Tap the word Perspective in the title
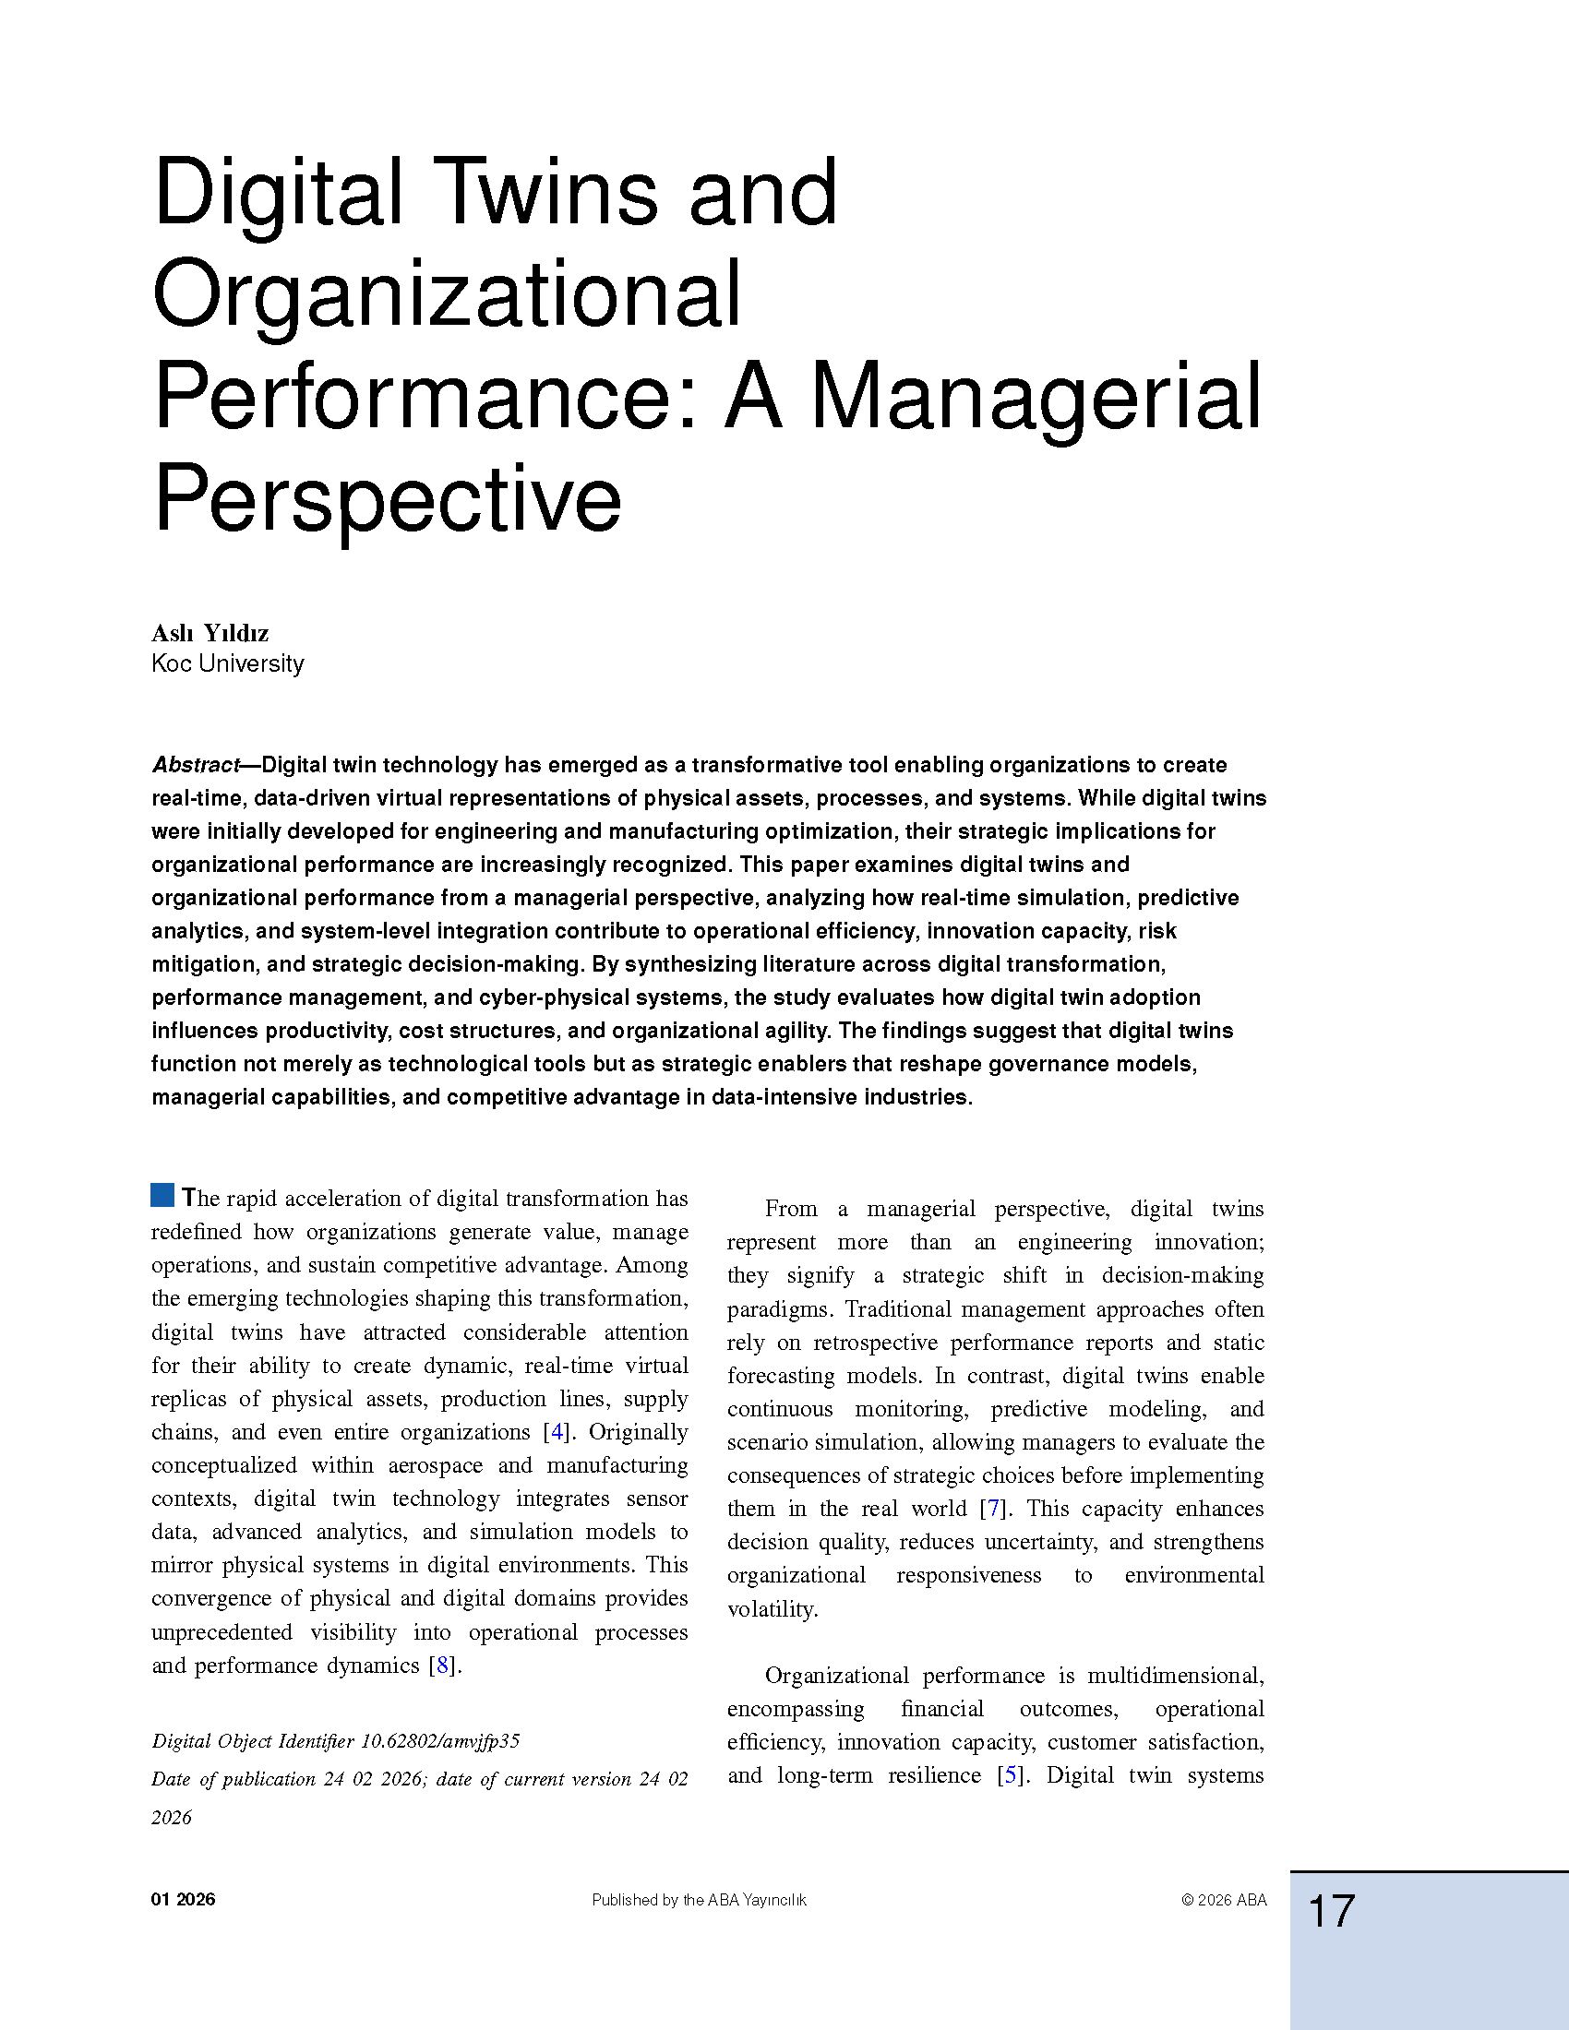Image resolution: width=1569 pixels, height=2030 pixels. (387, 502)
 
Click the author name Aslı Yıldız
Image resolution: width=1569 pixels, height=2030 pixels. (210, 633)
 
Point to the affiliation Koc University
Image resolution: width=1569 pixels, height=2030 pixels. (228, 663)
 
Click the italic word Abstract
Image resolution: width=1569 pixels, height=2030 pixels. (195, 765)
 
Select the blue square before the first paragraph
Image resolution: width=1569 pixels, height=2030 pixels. (162, 1195)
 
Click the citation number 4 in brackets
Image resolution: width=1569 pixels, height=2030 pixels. (557, 1431)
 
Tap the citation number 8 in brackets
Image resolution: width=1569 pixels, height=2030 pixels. (442, 1665)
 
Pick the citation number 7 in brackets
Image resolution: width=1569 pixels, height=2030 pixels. (994, 1509)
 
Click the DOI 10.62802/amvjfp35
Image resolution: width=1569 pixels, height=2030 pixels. (439, 1741)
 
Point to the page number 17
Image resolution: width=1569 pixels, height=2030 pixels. (1331, 1912)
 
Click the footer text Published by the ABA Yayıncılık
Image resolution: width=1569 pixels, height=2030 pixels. (699, 1901)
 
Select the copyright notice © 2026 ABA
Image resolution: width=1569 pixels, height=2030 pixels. (1224, 1901)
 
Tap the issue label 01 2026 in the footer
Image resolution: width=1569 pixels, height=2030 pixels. (183, 1900)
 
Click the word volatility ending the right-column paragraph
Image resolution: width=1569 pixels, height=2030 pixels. (771, 1609)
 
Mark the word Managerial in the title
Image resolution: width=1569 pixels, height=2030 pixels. (1036, 400)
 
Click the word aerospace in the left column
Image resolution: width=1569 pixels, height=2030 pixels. (435, 1466)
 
